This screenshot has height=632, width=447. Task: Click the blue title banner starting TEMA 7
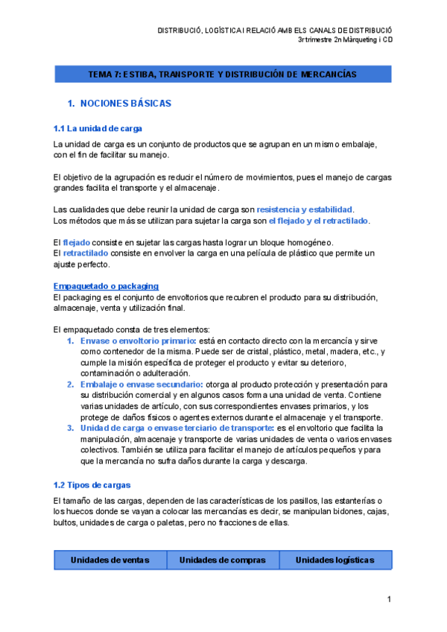[223, 75]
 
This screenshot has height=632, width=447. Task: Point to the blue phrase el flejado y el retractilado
[319, 221]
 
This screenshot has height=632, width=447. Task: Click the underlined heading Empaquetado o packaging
[106, 286]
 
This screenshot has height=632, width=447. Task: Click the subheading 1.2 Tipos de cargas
[92, 485]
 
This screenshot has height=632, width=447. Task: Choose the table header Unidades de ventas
[110, 560]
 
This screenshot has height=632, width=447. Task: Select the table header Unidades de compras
[222, 560]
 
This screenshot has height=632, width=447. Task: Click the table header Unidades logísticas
[335, 560]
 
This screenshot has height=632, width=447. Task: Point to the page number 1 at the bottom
[389, 599]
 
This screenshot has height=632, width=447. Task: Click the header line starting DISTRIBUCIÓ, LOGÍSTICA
[275, 31]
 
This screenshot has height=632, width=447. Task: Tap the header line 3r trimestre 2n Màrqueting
[345, 40]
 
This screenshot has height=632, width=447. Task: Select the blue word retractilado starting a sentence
[86, 253]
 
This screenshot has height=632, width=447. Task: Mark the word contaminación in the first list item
[110, 373]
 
